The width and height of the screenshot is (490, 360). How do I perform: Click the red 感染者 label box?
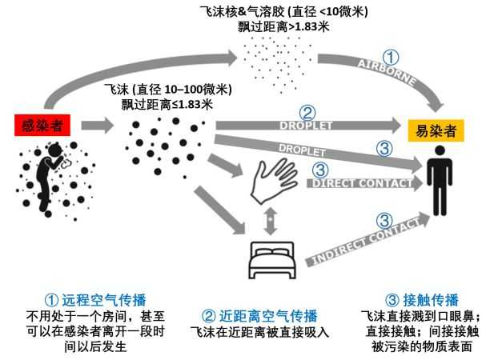tap(39, 126)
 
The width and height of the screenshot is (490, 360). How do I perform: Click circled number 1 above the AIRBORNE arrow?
tap(388, 58)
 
